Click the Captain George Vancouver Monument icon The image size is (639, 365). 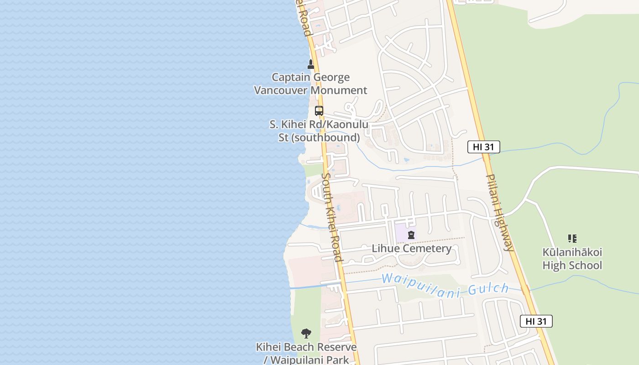coord(311,64)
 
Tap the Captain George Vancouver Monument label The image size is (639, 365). coord(310,84)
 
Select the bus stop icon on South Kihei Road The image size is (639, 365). coord(319,111)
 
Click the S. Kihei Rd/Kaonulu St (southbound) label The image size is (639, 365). coord(319,131)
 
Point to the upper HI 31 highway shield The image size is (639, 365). coord(484,147)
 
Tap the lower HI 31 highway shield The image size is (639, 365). coord(536,321)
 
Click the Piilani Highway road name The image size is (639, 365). coord(500,212)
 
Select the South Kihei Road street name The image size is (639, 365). coord(332,217)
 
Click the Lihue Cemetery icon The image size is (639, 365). coord(411,235)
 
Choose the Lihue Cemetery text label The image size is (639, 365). coord(412,249)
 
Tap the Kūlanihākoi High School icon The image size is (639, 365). coord(572,238)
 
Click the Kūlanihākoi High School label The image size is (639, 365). coord(572,259)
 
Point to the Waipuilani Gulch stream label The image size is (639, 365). coord(445,285)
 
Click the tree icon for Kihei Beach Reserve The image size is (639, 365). coord(306,334)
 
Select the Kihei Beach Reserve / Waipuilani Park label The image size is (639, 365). coord(306,354)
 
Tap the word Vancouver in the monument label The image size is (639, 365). coord(281,90)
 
